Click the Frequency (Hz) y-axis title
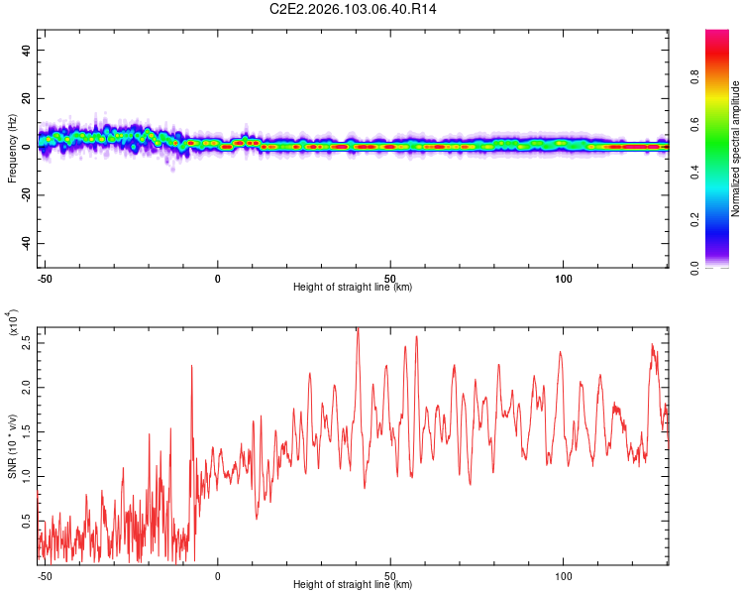(x=13, y=148)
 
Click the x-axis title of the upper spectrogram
(x=353, y=288)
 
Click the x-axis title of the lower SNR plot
(x=353, y=584)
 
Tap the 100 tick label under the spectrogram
(x=564, y=278)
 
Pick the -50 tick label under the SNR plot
(x=45, y=574)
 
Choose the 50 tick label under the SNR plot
(x=390, y=574)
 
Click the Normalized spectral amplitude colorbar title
(x=736, y=150)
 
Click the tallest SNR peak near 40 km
(x=357, y=330)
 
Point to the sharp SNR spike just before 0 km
(x=192, y=367)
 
